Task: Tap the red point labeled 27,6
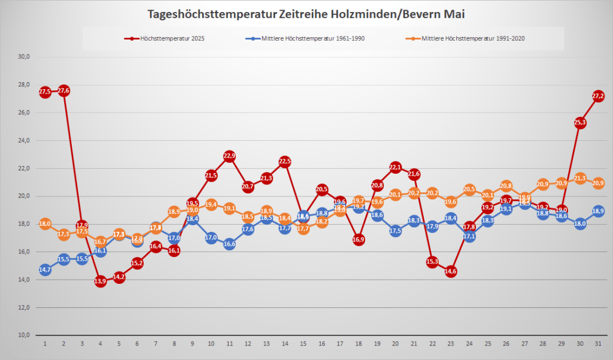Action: point(63,90)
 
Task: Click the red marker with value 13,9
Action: point(100,281)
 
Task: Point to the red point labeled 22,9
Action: point(229,156)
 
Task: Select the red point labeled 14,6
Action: point(451,271)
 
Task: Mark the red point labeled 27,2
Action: point(598,96)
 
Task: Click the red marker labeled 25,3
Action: point(579,122)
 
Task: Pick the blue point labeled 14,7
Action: point(45,270)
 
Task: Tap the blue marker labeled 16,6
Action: point(229,244)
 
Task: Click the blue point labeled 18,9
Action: point(598,211)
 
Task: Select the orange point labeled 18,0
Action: point(45,224)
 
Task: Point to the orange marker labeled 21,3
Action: point(579,178)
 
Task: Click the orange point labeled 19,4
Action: point(211,204)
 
